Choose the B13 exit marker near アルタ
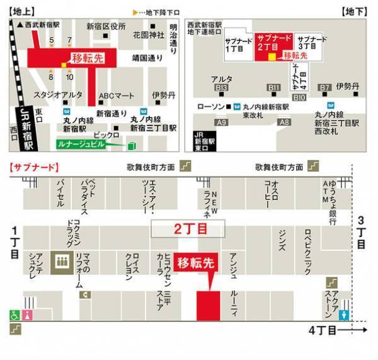221,88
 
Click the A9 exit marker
221,122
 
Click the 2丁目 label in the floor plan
187,229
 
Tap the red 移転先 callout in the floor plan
195,263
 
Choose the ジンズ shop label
281,240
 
